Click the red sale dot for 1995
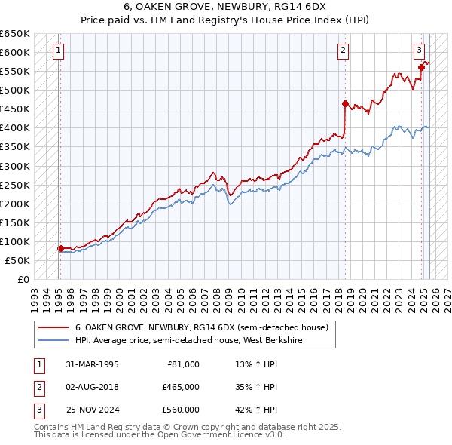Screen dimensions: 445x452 coord(60,248)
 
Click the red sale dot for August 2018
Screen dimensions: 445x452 coord(345,103)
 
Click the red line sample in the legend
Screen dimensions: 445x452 coord(53,328)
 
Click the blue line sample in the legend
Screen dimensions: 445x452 coord(53,340)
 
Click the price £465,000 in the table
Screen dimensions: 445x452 coord(181,387)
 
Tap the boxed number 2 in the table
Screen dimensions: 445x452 coord(37,387)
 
